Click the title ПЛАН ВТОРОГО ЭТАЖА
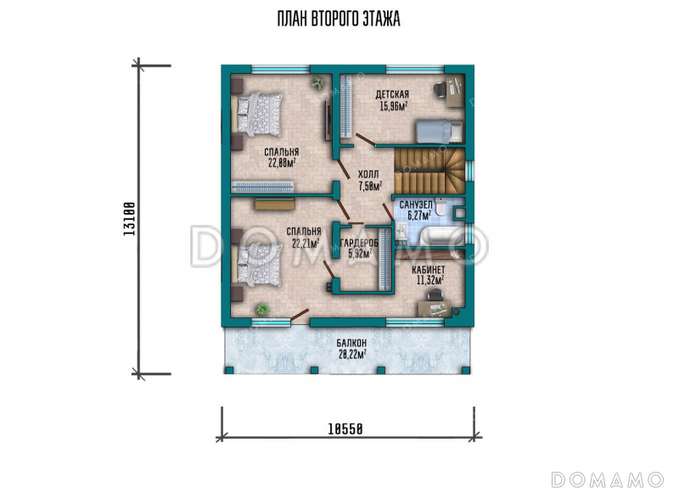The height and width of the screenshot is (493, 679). click(x=339, y=20)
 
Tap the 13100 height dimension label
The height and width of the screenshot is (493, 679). click(x=130, y=219)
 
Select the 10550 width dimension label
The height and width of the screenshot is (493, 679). click(x=345, y=429)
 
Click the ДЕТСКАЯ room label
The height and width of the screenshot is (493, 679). click(x=392, y=94)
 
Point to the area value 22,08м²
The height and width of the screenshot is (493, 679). click(x=282, y=163)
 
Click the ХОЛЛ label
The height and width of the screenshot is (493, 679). click(x=368, y=174)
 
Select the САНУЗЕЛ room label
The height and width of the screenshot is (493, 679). click(x=416, y=204)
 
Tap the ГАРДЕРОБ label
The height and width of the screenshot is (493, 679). click(x=359, y=244)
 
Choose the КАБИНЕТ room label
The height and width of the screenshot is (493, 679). click(x=429, y=270)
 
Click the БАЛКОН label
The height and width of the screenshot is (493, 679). click(x=351, y=343)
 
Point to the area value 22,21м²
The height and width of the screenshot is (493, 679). click(x=306, y=244)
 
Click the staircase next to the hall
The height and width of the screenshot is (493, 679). click(x=429, y=171)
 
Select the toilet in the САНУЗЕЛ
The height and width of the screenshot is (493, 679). click(x=440, y=207)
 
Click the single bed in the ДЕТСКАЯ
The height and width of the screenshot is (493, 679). click(x=440, y=132)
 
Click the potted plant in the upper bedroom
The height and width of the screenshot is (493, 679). click(x=319, y=82)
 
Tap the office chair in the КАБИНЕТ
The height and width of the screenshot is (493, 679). click(x=435, y=295)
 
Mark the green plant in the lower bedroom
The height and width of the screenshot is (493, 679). click(x=262, y=309)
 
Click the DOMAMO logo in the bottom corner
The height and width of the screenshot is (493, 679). click(x=608, y=479)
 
